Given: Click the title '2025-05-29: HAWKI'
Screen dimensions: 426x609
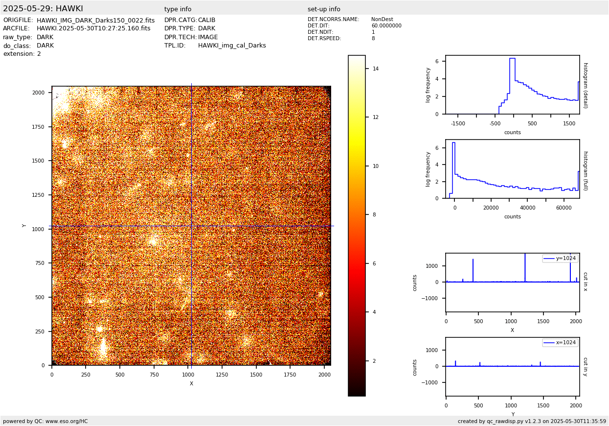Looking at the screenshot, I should tap(43, 9).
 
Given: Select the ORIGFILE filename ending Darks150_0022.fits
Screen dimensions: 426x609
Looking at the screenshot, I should tap(95, 21).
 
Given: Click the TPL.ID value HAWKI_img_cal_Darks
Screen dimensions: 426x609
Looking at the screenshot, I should tap(232, 46).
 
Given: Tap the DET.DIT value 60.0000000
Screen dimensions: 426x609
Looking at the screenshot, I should tap(386, 26).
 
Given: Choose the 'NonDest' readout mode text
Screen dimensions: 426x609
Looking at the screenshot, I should tap(382, 20).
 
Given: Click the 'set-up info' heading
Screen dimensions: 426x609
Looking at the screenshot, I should tap(324, 9).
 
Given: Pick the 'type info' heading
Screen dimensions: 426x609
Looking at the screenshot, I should tap(178, 9).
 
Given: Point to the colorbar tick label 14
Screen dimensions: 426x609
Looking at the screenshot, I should tap(376, 69).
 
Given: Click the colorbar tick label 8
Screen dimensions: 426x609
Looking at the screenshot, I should tap(374, 215).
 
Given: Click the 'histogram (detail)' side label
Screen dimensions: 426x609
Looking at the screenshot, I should tap(585, 85).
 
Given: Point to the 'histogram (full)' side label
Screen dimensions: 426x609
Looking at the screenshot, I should tap(585, 170).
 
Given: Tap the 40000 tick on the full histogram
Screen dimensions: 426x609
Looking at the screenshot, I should tap(527, 208).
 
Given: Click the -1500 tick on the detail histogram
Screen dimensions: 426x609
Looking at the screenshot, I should tap(458, 124).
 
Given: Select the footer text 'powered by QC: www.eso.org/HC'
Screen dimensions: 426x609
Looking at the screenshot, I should tap(45, 421).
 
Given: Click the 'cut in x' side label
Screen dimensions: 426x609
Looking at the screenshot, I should tap(585, 282).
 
